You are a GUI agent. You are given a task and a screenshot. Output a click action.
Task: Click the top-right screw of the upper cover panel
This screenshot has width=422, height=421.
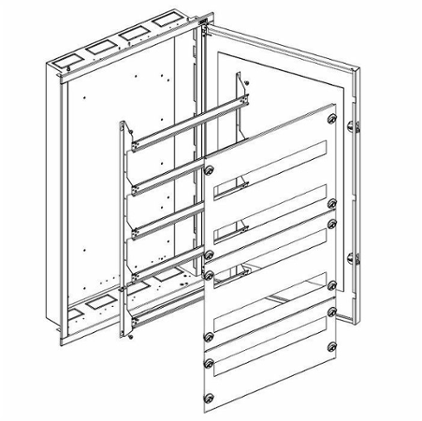click(x=332, y=119)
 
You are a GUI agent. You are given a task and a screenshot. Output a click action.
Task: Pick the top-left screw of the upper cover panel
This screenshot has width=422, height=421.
click(x=208, y=170)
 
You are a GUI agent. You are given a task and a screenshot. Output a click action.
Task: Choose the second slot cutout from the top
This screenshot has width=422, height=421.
click(x=271, y=213)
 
